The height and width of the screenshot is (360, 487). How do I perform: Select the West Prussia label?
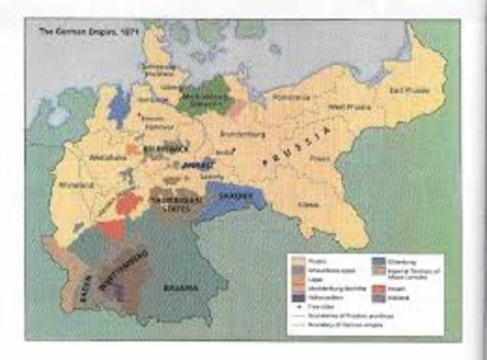[x=348, y=107]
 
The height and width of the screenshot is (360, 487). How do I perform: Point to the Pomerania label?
[x=292, y=98]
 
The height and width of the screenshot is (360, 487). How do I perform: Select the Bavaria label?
[x=182, y=288]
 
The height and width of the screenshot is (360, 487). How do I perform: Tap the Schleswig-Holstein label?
[x=158, y=68]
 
